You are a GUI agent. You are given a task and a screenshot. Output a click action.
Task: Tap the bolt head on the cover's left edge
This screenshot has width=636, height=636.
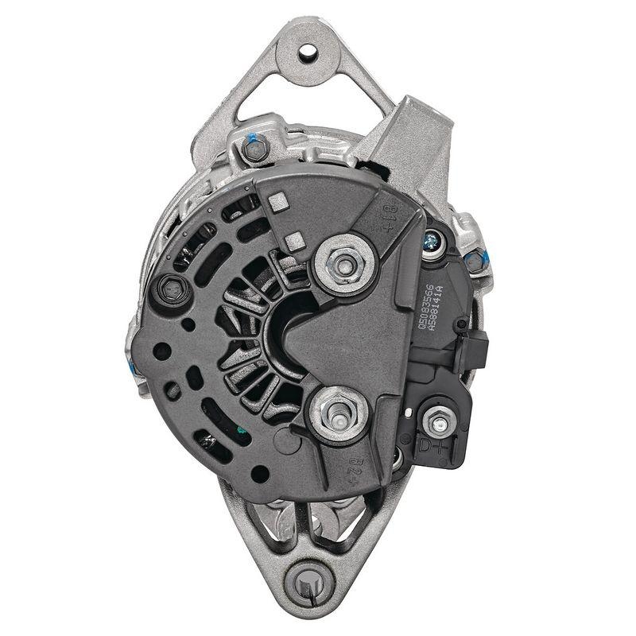pyautogui.click(x=171, y=289)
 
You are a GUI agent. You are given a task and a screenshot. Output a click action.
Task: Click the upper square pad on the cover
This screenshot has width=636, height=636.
pyautogui.click(x=278, y=202)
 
